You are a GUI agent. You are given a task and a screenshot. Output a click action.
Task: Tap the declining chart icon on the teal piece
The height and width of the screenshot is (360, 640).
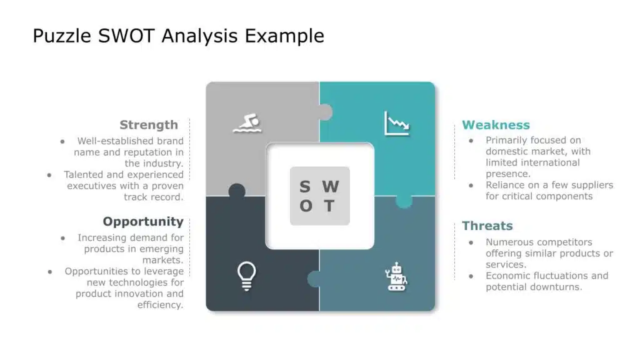pyautogui.click(x=397, y=123)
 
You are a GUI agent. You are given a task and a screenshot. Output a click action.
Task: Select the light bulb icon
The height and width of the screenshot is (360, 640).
pyautogui.click(x=246, y=276)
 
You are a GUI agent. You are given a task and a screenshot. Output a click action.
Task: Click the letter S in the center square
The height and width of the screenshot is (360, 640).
pyautogui.click(x=305, y=187)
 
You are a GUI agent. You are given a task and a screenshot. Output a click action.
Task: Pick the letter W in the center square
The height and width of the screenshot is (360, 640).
pyautogui.click(x=330, y=187)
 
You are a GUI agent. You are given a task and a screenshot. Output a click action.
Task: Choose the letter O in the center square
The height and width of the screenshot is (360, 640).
pyautogui.click(x=306, y=206)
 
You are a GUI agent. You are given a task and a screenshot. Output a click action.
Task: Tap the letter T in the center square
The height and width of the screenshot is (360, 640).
pyautogui.click(x=329, y=206)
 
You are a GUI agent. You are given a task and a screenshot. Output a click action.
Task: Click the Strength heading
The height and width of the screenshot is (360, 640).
pyautogui.click(x=149, y=125)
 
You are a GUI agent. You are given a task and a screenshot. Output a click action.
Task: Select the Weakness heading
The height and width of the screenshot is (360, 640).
pyautogui.click(x=496, y=125)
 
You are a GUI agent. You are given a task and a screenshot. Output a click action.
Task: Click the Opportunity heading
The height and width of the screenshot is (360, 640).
pyautogui.click(x=143, y=222)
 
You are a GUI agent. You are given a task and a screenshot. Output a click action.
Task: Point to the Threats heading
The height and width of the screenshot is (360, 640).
pyautogui.click(x=487, y=226)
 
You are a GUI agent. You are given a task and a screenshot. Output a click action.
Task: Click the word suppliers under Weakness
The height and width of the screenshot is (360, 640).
pyautogui.click(x=591, y=185)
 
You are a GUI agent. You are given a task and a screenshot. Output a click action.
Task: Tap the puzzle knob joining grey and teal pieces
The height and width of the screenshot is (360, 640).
pyautogui.click(x=324, y=112)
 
